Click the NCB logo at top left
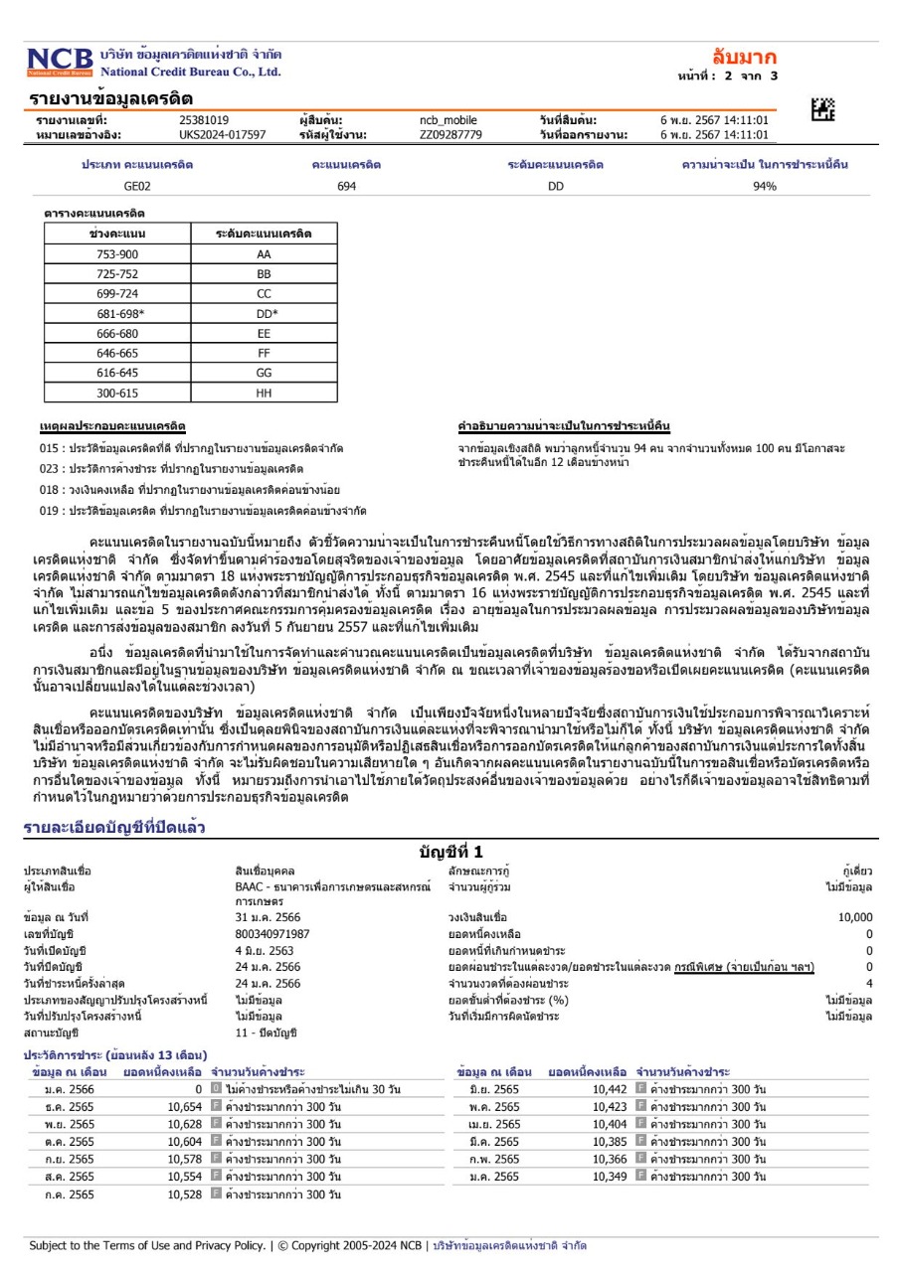tap(60, 61)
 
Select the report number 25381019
tap(204, 120)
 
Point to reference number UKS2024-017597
tap(223, 134)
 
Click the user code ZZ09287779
tap(450, 134)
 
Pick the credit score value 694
tap(346, 187)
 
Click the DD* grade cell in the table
tap(264, 314)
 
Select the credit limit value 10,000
tap(855, 917)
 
